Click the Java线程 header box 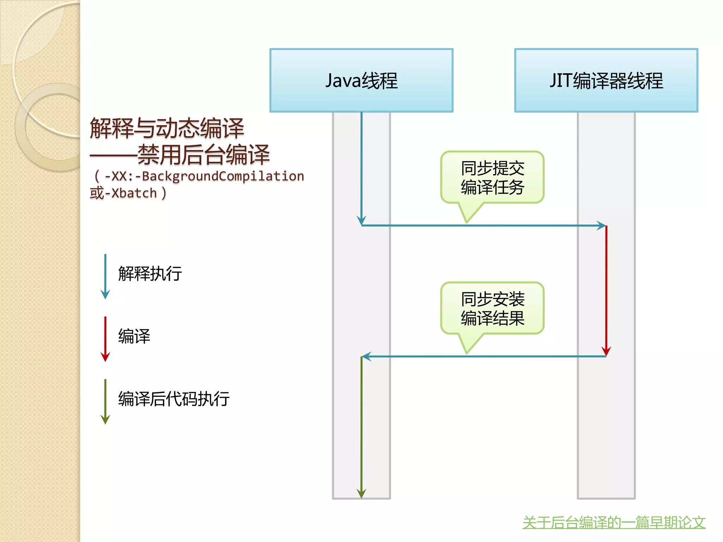[361, 80]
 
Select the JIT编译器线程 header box [606, 80]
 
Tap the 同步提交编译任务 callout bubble [492, 177]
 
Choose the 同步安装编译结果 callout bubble [492, 308]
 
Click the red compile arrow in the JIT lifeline [606, 289]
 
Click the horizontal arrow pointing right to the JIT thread [484, 225]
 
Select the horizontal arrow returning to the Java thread [484, 356]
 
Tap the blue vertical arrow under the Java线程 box [361, 166]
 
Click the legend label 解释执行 [150, 274]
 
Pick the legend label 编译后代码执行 [174, 399]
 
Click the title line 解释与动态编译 [167, 128]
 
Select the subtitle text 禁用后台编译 [203, 155]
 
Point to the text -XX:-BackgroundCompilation [204, 176]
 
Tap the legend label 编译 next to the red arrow [134, 336]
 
